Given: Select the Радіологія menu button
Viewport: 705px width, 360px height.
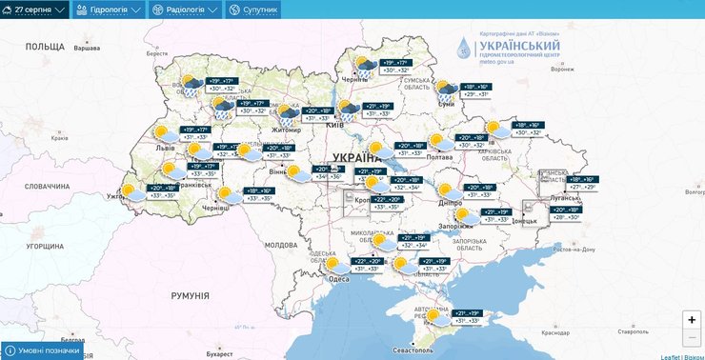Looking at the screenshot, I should click(x=185, y=10).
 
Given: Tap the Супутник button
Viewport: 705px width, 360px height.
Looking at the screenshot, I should click(x=253, y=10).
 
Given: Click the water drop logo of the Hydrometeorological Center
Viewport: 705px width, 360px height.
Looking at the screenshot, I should click(x=463, y=48).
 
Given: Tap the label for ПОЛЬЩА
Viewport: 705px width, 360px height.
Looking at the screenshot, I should click(x=44, y=46).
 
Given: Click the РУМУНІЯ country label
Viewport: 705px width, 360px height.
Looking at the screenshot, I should click(x=191, y=296).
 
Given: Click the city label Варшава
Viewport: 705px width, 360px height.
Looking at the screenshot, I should click(x=87, y=48).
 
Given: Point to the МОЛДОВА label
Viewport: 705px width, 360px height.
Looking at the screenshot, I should click(x=282, y=245).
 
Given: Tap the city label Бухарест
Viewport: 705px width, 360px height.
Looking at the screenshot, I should click(x=218, y=353).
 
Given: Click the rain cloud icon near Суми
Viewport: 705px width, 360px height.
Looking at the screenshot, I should click(x=447, y=92).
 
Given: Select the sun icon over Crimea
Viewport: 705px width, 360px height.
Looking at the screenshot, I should click(x=435, y=316).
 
